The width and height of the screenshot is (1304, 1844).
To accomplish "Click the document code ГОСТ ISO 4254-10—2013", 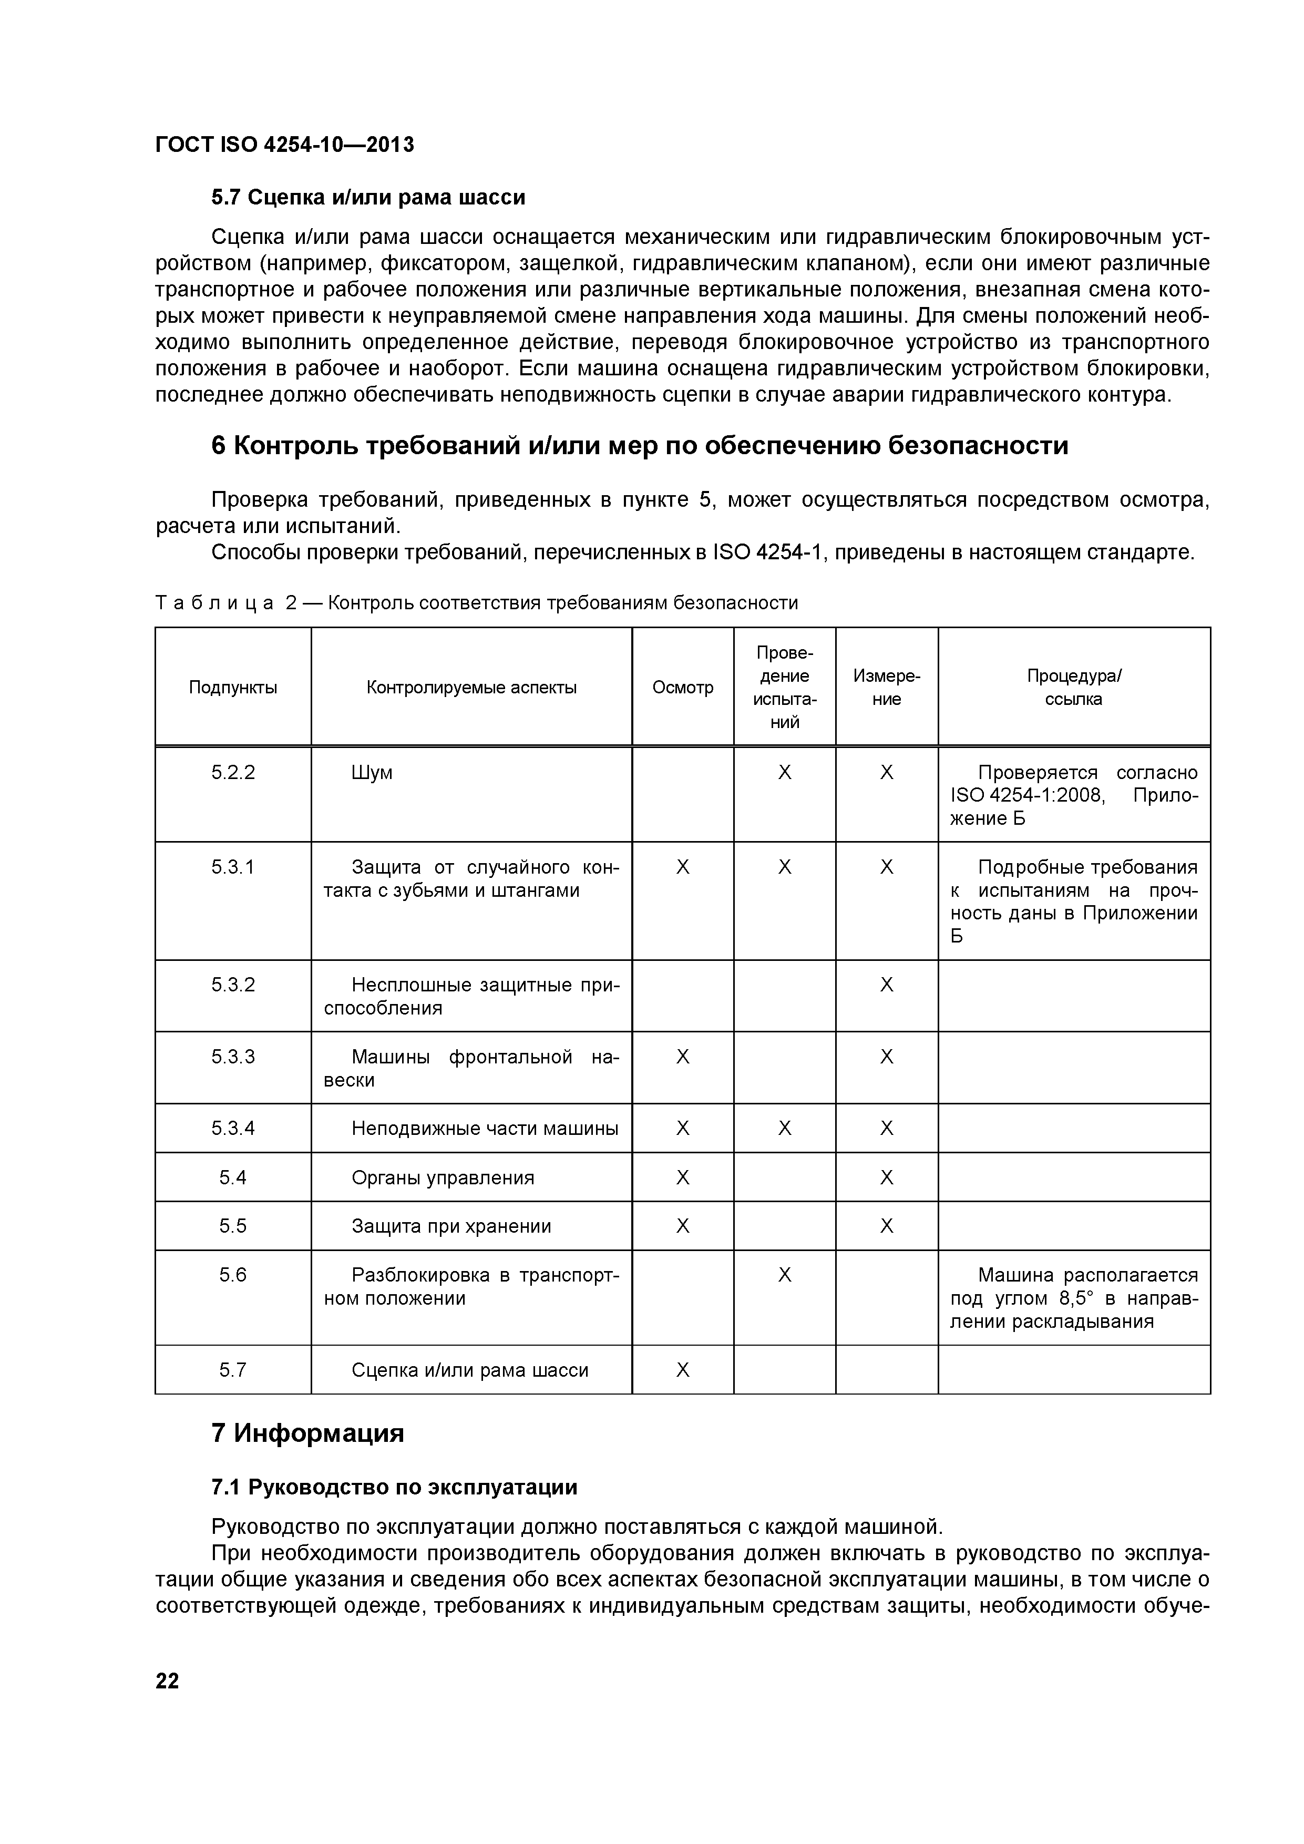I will point(284,145).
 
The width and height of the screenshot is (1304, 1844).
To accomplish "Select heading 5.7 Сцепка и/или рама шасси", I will point(368,197).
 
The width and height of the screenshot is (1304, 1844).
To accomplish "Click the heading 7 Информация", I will point(307,1433).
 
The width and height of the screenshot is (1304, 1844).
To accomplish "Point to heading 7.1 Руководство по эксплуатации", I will point(394,1488).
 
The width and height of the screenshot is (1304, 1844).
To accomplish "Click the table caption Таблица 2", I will point(476,602).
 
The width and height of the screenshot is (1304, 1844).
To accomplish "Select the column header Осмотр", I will point(683,688).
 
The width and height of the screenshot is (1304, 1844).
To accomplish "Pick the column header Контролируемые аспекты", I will point(471,688).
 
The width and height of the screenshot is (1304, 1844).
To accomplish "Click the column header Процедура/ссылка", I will point(1074,688).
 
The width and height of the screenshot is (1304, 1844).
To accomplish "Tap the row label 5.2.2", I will point(233,773).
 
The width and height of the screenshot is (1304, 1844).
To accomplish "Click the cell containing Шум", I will point(373,773).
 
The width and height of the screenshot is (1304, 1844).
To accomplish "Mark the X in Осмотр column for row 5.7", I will point(683,1370).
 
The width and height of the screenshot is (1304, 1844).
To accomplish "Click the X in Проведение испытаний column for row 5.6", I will point(785,1275).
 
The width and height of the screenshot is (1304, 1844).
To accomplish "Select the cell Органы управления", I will point(443,1178).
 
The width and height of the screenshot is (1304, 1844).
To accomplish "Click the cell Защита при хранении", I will point(451,1226).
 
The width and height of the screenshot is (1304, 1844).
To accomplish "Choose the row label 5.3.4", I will point(233,1129).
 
